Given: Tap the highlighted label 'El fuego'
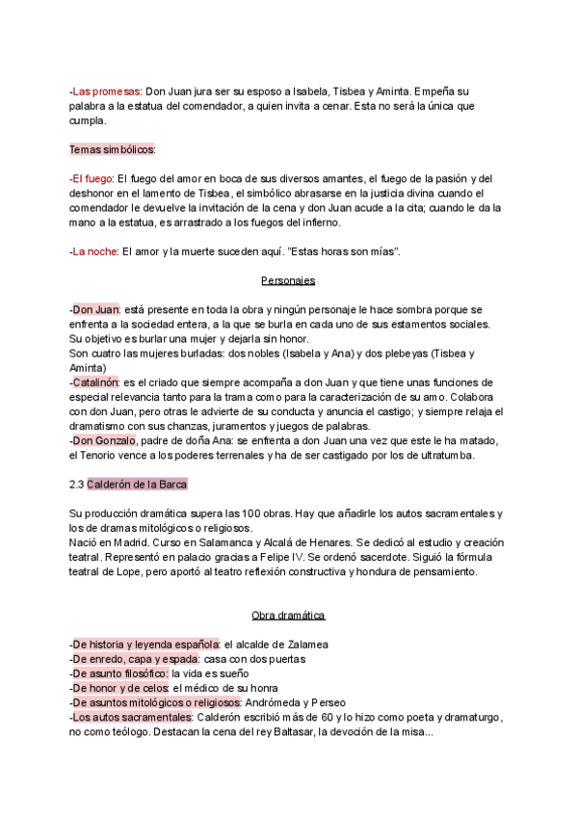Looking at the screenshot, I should click(92, 178).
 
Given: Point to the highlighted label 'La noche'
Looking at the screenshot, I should click(94, 251).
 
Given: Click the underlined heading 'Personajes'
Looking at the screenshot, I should click(289, 280).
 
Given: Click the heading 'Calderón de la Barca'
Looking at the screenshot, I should click(135, 484).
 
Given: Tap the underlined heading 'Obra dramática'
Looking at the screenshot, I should click(289, 615).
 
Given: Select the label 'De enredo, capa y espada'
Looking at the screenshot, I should click(132, 659).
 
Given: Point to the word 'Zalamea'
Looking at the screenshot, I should click(305, 644).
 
